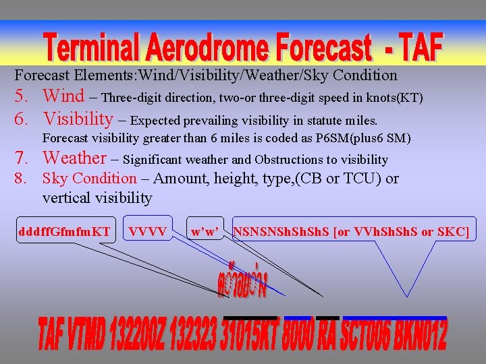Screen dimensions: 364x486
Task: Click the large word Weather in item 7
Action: [x=74, y=158]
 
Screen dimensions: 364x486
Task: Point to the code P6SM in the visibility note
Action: [x=308, y=139]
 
